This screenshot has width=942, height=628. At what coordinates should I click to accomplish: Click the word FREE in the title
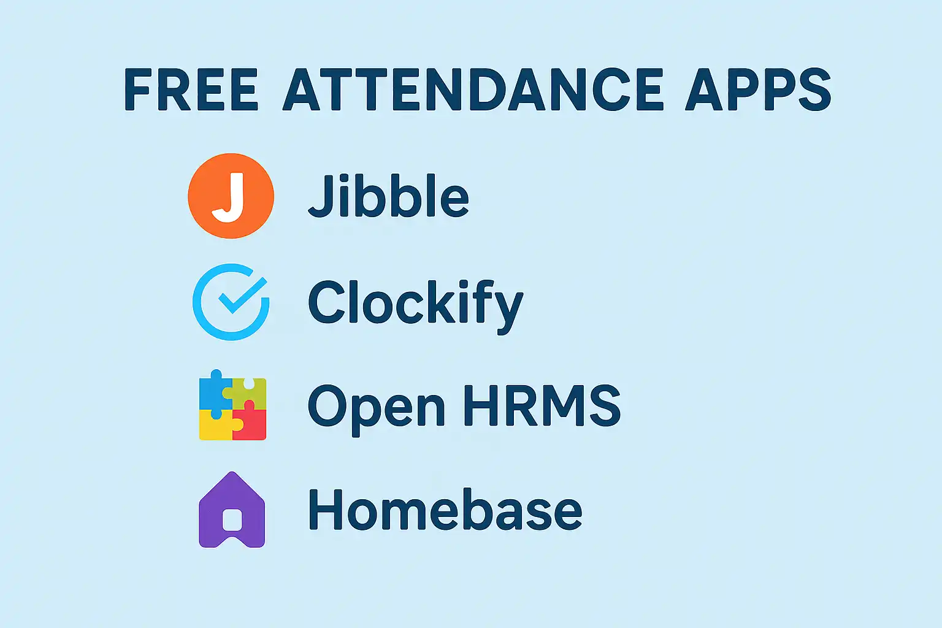click(191, 90)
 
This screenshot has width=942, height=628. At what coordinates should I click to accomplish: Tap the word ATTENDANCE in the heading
click(473, 90)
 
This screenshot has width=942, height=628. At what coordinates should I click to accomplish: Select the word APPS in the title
click(758, 90)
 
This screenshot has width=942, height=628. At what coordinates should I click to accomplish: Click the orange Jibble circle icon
click(231, 196)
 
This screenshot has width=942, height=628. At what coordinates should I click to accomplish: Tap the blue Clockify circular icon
click(231, 302)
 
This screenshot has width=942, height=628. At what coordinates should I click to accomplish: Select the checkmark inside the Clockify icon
click(243, 295)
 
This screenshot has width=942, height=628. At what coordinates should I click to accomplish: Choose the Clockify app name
click(415, 306)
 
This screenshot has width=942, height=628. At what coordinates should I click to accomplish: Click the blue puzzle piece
click(215, 394)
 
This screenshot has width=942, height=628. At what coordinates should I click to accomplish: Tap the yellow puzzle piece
click(217, 426)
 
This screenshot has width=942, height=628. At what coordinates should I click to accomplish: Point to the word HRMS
click(542, 405)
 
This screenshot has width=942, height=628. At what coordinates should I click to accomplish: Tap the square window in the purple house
click(232, 520)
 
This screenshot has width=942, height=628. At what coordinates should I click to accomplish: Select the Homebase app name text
click(445, 510)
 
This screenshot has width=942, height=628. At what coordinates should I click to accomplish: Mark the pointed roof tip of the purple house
click(232, 472)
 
